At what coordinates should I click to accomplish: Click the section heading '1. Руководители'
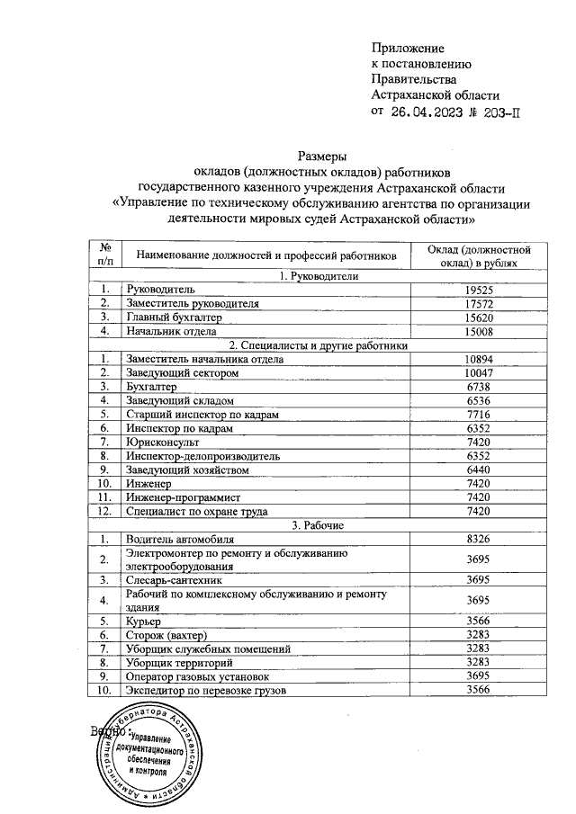tap(319, 276)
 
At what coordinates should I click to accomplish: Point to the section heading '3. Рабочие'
tap(319, 524)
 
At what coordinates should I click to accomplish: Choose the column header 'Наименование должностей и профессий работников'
tap(266, 255)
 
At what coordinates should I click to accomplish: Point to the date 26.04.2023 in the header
tap(428, 112)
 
